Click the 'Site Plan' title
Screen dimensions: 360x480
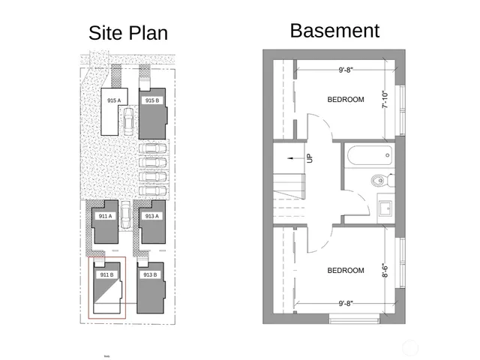click(128, 33)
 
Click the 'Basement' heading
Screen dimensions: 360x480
click(334, 31)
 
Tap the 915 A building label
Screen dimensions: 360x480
click(113, 100)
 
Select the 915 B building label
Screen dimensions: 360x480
click(151, 100)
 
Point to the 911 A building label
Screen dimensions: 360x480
click(105, 216)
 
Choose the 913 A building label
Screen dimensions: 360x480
click(151, 216)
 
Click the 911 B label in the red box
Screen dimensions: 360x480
click(106, 274)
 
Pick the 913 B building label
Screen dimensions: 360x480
click(149, 274)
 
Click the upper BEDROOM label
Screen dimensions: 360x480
click(346, 100)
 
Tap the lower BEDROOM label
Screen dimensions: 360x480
click(346, 270)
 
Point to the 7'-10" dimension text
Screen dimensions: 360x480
click(385, 100)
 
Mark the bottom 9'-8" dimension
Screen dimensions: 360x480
click(346, 304)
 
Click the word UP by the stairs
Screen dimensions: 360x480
click(309, 159)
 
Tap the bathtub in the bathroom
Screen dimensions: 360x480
click(369, 156)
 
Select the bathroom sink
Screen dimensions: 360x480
click(386, 208)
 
